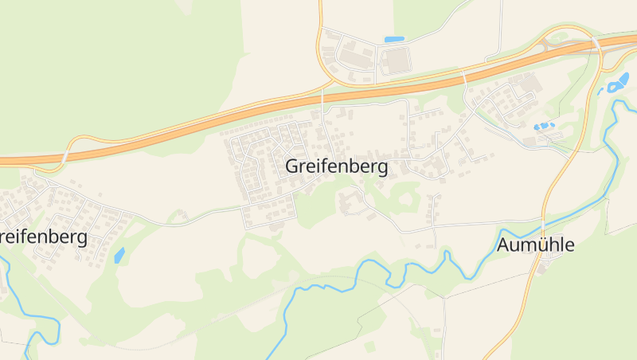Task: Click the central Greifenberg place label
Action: coord(336,167)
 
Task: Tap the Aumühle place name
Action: coord(535,245)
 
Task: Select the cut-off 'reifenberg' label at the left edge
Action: coord(43,237)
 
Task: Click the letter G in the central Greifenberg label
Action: coord(292,167)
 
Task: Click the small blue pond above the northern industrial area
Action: coord(394,39)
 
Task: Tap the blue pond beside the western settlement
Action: coord(119,256)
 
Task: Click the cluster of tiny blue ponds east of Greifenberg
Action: coord(543,126)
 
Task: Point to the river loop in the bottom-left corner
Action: coord(36,331)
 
